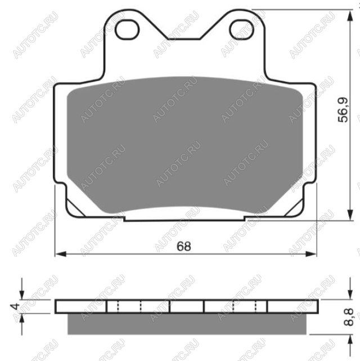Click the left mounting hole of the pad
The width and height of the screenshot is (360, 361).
tap(127, 30)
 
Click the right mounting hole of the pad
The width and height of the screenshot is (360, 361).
tap(241, 30)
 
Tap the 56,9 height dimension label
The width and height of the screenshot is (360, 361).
tap(344, 110)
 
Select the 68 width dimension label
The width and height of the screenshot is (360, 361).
tap(184, 246)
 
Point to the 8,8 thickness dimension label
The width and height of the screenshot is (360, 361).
tap(349, 317)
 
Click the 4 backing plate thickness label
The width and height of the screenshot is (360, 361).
tap(15, 306)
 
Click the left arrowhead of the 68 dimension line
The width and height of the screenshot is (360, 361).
tap(61, 254)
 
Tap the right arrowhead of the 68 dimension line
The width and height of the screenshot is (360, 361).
tap(311, 254)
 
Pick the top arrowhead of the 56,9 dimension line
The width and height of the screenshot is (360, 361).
tap(350, 16)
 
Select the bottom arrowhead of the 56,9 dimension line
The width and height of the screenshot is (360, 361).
tap(350, 215)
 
